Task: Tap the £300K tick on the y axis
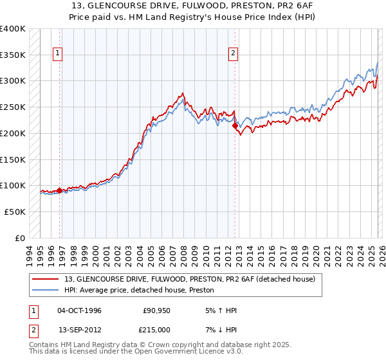click(13, 81)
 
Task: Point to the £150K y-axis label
click(13, 159)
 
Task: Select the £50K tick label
click(15, 212)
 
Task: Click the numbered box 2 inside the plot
click(233, 54)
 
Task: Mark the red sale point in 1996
click(60, 190)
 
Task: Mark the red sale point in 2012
click(235, 126)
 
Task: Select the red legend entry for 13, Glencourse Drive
click(190, 280)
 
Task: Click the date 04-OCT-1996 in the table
click(80, 310)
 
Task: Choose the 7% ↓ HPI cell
click(221, 330)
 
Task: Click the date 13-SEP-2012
click(80, 330)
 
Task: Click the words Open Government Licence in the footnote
click(177, 352)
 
